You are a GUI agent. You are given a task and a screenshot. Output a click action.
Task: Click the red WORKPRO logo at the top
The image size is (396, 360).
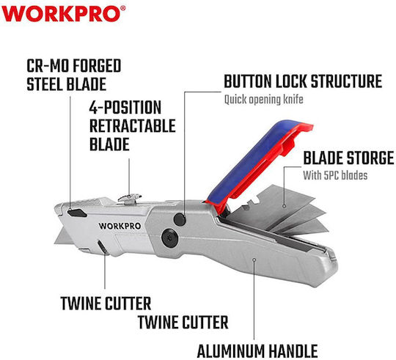61,14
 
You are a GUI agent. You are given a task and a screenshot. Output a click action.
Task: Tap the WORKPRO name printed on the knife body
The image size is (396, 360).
120,226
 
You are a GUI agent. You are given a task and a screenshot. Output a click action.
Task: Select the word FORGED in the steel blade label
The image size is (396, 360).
98,66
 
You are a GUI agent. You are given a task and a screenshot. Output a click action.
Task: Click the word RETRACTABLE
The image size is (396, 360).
133,125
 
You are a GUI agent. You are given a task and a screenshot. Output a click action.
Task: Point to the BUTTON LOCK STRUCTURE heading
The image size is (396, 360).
303,81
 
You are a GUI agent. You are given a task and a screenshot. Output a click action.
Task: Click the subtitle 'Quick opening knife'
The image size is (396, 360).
264,100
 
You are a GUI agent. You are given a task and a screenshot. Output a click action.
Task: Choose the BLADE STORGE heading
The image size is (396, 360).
348,158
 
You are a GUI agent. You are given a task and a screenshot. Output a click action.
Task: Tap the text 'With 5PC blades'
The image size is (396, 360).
335,175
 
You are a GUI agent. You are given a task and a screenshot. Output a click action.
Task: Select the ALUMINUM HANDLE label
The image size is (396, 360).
257,351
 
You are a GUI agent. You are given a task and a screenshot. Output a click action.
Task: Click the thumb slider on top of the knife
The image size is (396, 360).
130,198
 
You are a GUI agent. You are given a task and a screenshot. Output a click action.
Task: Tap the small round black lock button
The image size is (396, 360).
180,219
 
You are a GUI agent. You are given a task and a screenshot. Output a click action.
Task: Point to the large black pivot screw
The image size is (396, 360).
170,238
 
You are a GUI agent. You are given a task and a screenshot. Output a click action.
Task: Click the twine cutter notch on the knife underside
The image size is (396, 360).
103,247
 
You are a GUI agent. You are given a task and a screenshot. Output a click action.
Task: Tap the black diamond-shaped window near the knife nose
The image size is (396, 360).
77,213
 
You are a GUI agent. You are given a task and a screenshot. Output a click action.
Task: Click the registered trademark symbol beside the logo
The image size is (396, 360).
122,8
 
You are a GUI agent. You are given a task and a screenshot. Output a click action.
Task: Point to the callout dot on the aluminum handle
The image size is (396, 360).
254,260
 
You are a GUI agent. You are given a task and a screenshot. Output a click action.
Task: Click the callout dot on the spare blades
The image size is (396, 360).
285,206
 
